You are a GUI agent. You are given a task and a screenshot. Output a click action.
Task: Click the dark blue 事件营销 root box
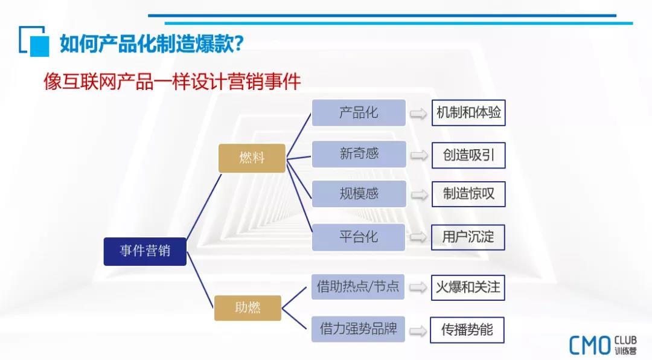pos(145,251)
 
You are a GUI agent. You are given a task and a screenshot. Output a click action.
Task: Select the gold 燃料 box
pos(252,158)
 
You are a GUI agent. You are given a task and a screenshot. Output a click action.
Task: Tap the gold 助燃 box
pos(248,308)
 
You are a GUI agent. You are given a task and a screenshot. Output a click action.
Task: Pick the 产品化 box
pos(359,113)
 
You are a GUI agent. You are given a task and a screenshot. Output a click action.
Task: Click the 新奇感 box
pos(359,154)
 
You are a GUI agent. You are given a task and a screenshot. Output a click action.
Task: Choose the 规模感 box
pos(359,194)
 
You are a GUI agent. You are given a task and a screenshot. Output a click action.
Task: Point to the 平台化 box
pos(359,237)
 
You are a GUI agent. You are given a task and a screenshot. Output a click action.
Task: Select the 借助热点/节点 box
pos(358,287)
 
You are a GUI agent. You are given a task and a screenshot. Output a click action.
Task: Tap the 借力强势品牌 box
pos(358,329)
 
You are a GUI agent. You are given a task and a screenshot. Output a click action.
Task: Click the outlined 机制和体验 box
pos(468,113)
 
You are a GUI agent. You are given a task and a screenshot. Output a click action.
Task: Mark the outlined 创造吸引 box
pos(468,155)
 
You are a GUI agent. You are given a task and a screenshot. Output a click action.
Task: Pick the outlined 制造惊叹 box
pos(468,194)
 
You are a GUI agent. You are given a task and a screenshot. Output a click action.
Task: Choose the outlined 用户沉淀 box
pos(468,237)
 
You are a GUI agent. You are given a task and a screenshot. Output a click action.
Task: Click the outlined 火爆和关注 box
pos(468,288)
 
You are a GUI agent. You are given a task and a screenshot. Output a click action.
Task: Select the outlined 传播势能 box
pos(467,330)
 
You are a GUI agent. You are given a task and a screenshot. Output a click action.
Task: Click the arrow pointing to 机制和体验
pos(418,114)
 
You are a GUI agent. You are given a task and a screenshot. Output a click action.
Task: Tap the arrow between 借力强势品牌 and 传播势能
pos(418,331)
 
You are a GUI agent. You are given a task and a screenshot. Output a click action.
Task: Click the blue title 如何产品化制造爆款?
pos(152,43)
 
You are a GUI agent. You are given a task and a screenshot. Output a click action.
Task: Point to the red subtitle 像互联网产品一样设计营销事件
pos(172,81)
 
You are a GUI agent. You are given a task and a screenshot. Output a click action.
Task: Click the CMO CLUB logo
pos(603,345)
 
